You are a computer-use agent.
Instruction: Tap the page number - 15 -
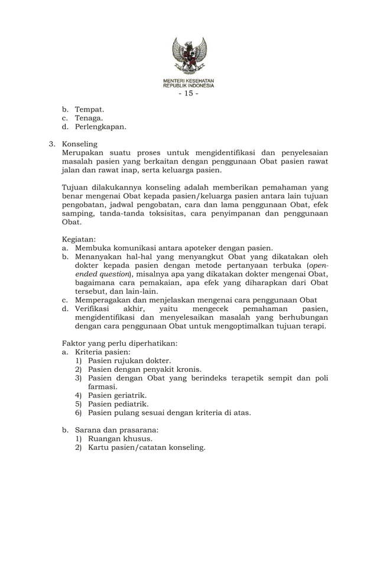click(x=188, y=93)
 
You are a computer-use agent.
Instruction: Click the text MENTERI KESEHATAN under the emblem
click(x=188, y=80)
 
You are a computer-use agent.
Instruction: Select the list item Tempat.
click(x=89, y=110)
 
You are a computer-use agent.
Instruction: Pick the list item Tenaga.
click(x=89, y=118)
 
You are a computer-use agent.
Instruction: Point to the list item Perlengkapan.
click(x=100, y=127)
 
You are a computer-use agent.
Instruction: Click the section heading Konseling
click(x=80, y=144)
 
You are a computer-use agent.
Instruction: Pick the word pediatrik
click(x=129, y=404)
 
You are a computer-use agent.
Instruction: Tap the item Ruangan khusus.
click(x=120, y=439)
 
